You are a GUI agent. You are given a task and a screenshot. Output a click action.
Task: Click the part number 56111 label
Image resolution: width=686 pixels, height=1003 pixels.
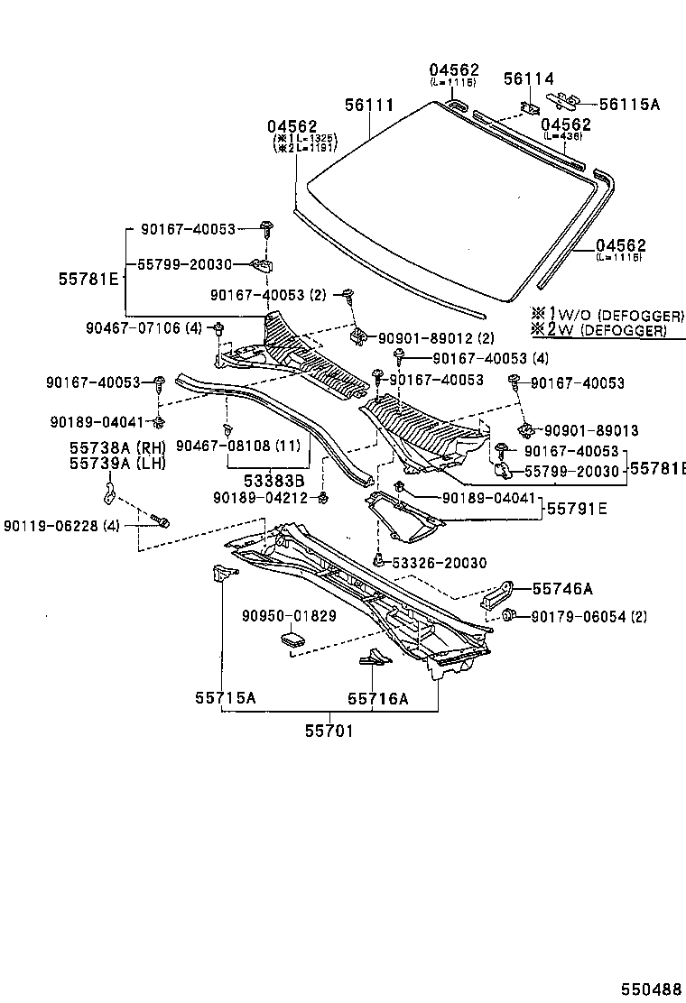click(x=368, y=106)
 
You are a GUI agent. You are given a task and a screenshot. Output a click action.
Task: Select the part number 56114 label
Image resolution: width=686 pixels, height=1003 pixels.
click(x=528, y=79)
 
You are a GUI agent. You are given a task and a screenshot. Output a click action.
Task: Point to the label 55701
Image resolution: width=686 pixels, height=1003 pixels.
click(x=327, y=729)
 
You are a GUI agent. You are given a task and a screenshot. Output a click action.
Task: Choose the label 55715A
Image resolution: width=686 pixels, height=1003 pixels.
click(x=225, y=697)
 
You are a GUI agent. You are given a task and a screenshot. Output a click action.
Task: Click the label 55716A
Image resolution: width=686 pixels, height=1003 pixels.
click(x=378, y=697)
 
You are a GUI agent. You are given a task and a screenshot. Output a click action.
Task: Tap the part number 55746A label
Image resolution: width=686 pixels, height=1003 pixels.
click(x=561, y=589)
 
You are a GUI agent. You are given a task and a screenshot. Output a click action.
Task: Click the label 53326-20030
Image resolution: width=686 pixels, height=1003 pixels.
click(x=439, y=563)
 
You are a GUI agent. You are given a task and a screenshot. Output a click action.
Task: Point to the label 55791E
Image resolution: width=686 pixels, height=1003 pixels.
click(x=576, y=509)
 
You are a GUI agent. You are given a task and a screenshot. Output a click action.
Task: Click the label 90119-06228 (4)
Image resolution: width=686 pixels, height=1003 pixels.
click(x=61, y=526)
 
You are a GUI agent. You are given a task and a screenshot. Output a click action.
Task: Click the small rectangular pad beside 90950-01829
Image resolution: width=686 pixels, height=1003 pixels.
click(x=293, y=640)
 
